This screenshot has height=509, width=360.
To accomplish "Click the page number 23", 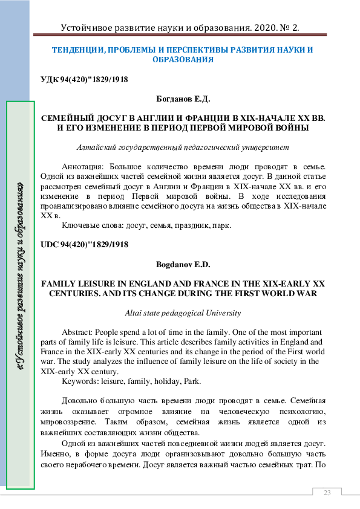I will click(x=327, y=493).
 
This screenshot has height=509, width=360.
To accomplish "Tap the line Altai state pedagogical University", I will click(x=182, y=313).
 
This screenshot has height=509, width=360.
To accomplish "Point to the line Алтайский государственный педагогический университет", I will click(x=183, y=148).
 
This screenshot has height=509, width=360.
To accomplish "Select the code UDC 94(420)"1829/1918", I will click(x=84, y=245).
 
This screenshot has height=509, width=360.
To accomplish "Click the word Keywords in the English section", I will click(x=79, y=381).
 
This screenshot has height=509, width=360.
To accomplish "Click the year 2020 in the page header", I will click(x=261, y=28).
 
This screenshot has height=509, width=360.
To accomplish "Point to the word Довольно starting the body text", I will click(x=81, y=400).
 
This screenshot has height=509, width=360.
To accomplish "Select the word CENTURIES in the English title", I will click(x=71, y=293).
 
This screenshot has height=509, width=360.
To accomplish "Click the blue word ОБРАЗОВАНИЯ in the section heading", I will click(x=182, y=60).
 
